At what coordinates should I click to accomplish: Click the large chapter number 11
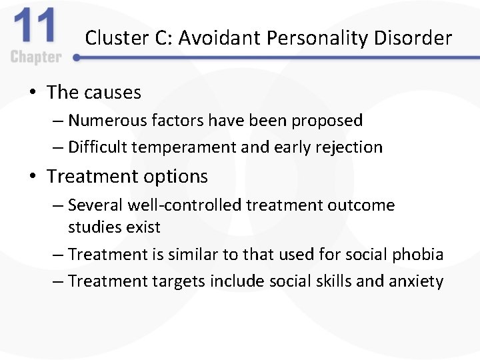(35, 28)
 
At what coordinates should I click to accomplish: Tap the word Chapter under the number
(36, 57)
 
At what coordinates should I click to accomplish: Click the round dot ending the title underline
(77, 58)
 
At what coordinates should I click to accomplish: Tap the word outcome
(363, 205)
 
